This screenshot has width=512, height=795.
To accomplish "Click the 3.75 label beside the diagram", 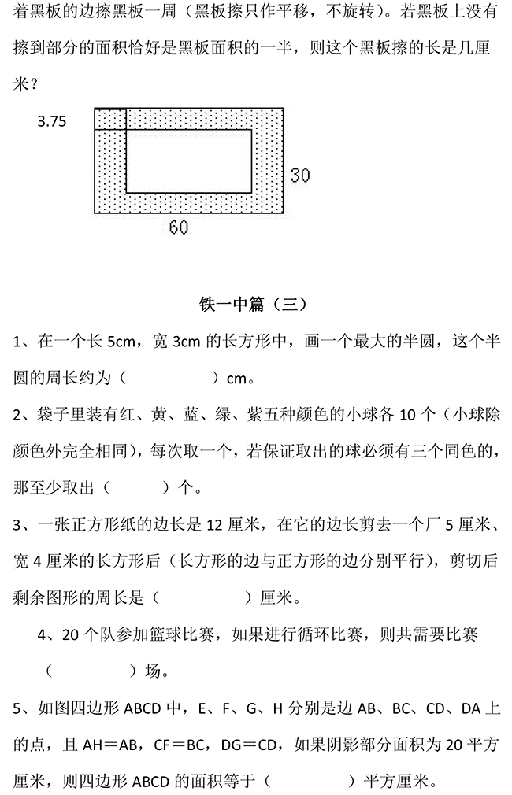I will click(52, 121).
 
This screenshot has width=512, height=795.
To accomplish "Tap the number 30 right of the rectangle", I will click(300, 175).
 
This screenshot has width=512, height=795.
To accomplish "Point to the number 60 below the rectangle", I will click(179, 227).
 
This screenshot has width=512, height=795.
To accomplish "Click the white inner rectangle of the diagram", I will click(189, 161).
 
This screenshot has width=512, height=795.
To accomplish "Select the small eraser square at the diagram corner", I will click(110, 119).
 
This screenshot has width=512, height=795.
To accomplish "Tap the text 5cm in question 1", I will click(120, 342).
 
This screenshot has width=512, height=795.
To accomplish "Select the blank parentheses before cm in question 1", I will click(169, 379).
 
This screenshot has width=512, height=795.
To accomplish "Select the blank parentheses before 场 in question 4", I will click(90, 671).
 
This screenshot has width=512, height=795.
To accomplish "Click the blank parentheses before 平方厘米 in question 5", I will click(308, 781).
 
